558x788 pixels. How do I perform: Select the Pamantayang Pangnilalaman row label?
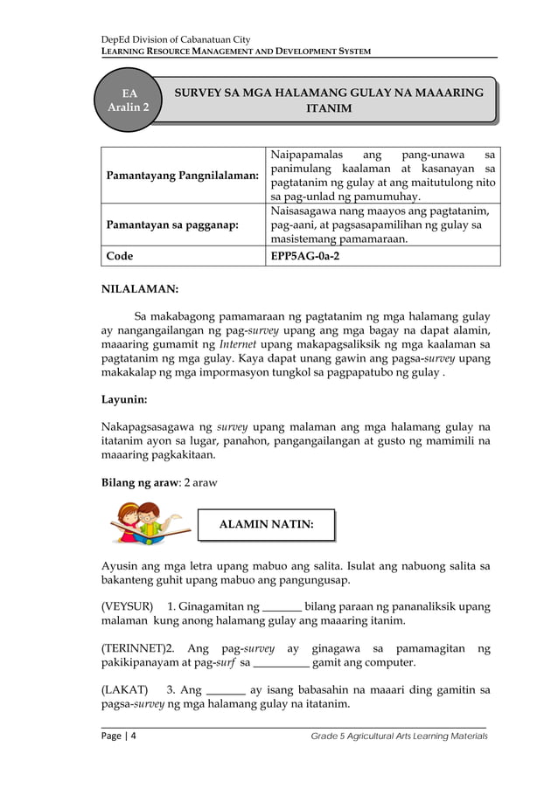(182, 176)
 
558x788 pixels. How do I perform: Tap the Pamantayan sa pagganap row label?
(171, 225)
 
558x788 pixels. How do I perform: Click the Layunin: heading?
(124, 399)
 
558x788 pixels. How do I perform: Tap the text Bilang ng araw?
(139, 482)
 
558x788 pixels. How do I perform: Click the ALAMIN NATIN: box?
(265, 525)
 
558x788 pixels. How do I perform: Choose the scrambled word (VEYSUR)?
(128, 606)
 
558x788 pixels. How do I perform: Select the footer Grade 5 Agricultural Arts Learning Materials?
(399, 737)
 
